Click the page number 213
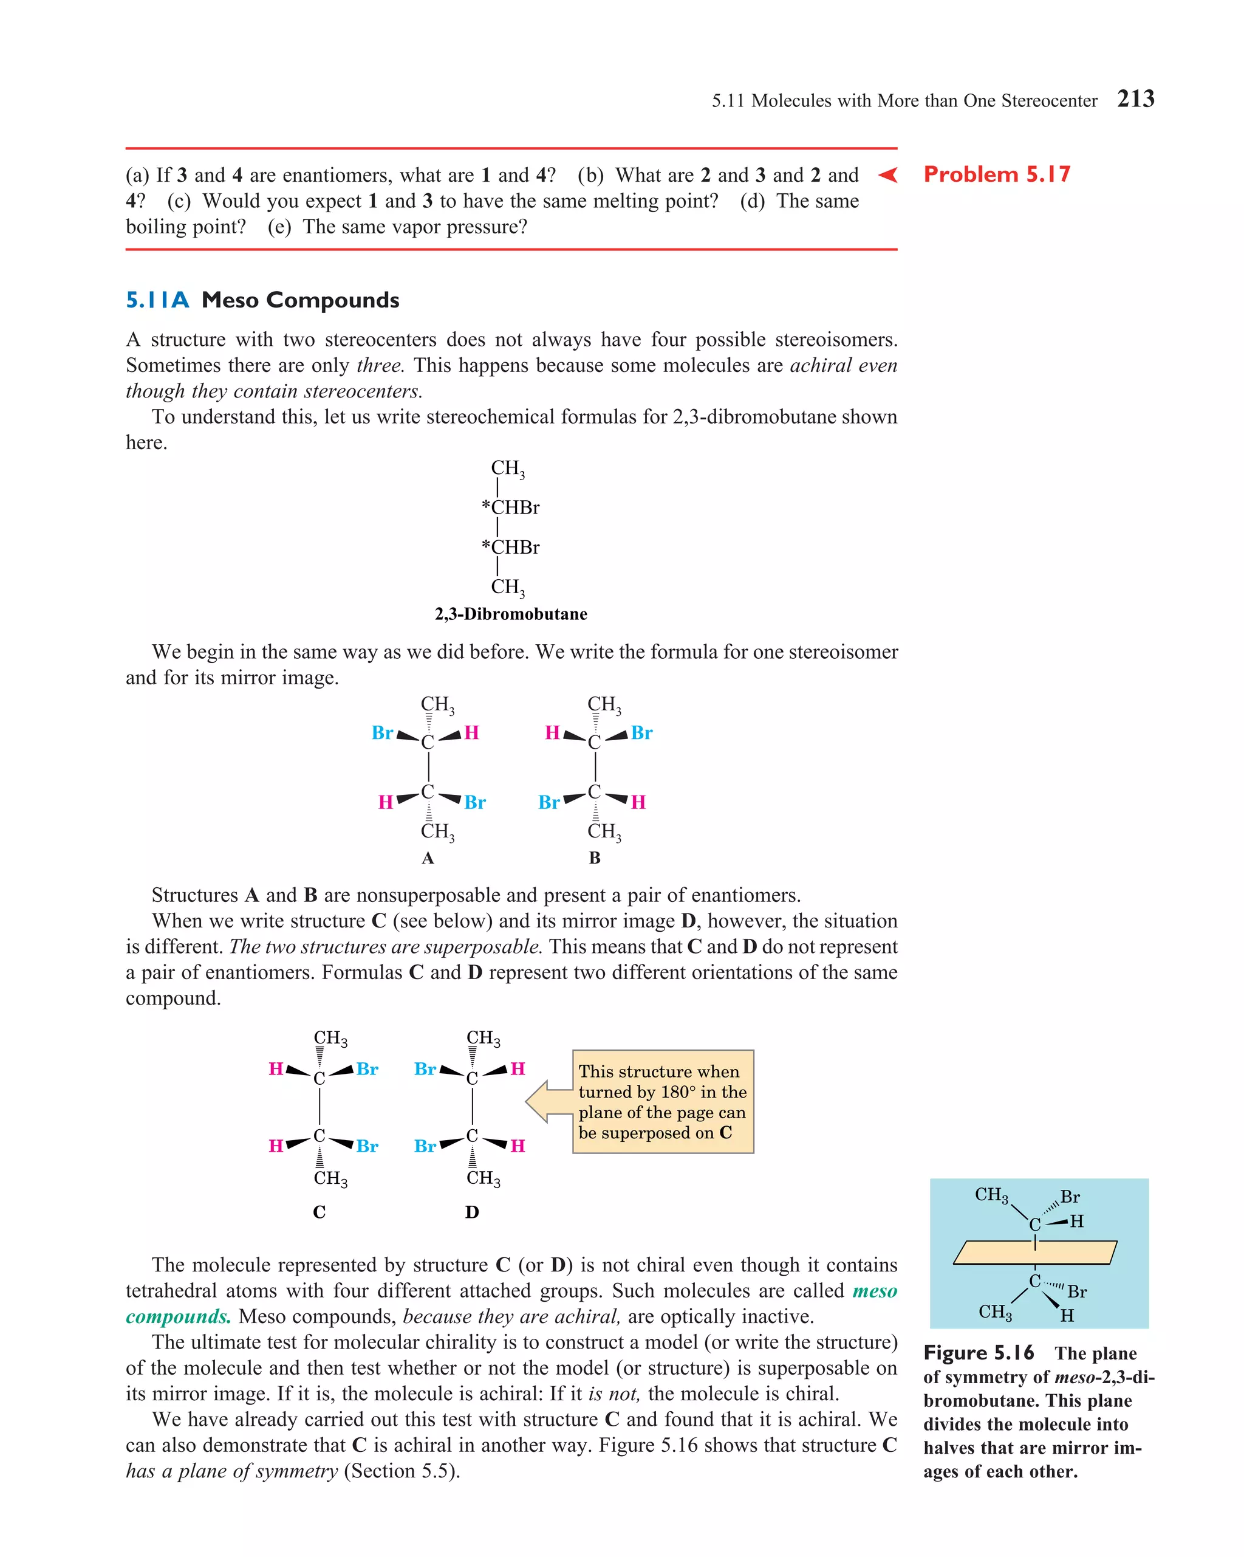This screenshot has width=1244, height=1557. point(1135,99)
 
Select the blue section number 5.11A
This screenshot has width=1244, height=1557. point(157,300)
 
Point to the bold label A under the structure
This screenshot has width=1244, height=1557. point(428,858)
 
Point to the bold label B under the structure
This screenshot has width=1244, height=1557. point(594,858)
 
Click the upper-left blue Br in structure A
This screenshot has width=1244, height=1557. point(382,733)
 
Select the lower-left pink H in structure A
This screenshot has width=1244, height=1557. point(386,802)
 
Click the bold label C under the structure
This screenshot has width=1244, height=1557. point(319,1212)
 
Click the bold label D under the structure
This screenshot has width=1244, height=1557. point(471,1212)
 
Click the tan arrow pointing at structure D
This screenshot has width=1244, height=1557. point(546,1101)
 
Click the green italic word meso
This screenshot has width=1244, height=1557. point(874,1291)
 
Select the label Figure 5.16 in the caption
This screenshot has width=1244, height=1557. point(979,1353)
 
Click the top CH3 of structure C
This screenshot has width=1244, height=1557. point(330,1039)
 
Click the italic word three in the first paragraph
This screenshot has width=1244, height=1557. point(379,365)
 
